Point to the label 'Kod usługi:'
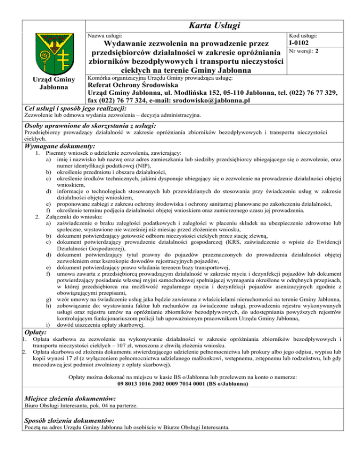click(304, 36)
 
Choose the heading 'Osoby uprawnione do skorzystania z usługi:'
click(90, 126)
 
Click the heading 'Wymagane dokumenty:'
click(59, 146)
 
